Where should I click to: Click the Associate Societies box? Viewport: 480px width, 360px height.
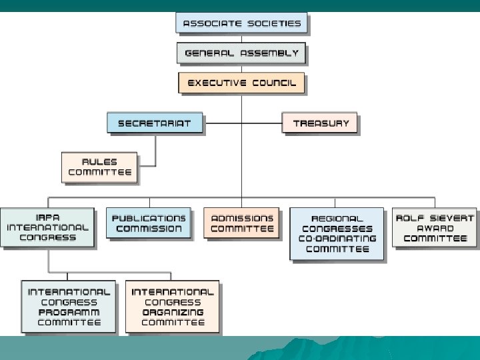click(x=241, y=23)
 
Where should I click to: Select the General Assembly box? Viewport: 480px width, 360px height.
click(x=241, y=53)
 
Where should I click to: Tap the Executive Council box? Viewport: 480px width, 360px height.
click(x=241, y=83)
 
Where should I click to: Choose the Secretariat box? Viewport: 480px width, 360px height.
click(x=154, y=123)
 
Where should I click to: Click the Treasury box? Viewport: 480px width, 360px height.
click(x=320, y=123)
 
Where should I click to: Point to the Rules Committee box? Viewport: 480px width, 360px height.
click(x=99, y=167)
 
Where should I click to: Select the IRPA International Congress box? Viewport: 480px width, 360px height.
click(x=47, y=228)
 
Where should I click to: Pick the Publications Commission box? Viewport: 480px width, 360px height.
click(x=149, y=223)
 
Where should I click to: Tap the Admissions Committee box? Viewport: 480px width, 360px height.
click(x=242, y=223)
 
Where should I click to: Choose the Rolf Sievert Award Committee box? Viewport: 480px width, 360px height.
click(x=435, y=228)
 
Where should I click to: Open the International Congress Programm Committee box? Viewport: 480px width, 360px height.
click(x=69, y=307)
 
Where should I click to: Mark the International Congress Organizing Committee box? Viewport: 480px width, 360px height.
click(x=172, y=307)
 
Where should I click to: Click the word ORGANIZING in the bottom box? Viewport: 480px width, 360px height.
click(x=173, y=312)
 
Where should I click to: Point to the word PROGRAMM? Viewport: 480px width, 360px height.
click(x=69, y=312)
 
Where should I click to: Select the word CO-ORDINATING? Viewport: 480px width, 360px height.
click(x=339, y=239)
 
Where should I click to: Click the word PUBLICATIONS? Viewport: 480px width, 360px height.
click(x=149, y=219)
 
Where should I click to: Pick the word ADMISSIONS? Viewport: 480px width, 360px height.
click(x=242, y=219)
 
